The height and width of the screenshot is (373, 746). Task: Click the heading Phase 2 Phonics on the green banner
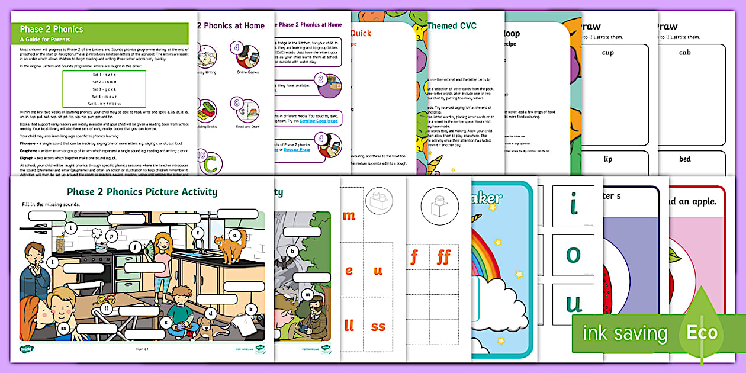coord(52,29)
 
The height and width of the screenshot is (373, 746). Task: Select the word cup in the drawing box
coord(607,53)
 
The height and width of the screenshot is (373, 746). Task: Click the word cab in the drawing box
coord(684,53)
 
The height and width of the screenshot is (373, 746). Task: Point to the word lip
coord(607,159)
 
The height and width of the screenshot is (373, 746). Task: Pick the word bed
coord(684,159)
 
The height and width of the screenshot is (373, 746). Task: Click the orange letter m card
coord(349,216)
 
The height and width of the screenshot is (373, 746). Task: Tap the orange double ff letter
coord(443,257)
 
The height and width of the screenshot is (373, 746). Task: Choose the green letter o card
coord(573,254)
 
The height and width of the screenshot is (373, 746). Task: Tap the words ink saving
coord(625,333)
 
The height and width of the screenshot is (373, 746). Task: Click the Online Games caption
coord(247,72)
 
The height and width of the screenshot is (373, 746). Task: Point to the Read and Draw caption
coord(247,127)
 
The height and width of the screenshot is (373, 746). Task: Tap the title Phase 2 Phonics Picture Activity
coord(142,192)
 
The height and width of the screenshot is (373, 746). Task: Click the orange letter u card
coord(378,271)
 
